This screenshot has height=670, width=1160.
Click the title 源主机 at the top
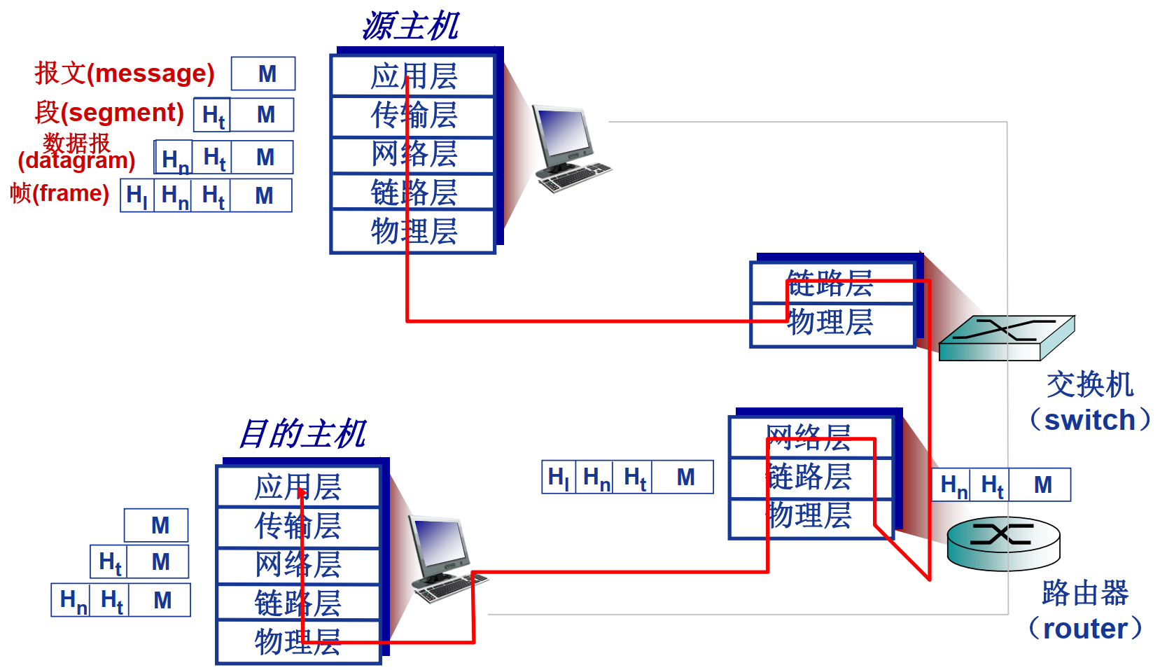point(410,27)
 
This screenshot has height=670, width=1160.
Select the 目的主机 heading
point(302,433)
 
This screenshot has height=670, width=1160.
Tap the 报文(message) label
point(125,73)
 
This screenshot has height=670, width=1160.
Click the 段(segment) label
point(109,112)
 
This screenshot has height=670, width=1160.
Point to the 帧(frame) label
point(60,193)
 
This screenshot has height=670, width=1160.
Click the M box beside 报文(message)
point(264,74)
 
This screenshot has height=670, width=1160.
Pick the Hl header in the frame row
point(137,195)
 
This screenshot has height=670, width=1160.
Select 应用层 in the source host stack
point(413,76)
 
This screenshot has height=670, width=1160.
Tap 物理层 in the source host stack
point(413,231)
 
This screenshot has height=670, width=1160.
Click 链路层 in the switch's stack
point(830,284)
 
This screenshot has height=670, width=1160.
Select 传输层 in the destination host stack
point(298,526)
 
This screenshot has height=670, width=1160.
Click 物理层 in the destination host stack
point(298,641)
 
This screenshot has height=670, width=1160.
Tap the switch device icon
point(1006,337)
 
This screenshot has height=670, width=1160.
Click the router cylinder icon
point(1003,543)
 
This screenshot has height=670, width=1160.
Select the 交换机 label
point(1089,384)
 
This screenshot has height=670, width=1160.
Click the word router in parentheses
point(1084,629)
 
